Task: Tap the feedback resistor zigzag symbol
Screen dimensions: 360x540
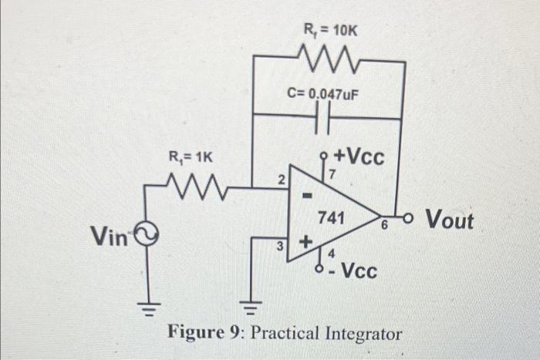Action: tap(328, 57)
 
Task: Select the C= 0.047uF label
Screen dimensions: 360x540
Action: tap(323, 94)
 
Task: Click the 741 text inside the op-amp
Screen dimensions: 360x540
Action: tap(332, 218)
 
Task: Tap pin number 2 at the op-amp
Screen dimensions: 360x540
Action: tap(282, 180)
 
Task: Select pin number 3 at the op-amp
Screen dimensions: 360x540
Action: tap(282, 246)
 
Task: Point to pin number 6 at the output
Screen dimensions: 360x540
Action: tap(383, 224)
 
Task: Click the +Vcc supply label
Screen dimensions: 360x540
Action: tap(357, 156)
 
